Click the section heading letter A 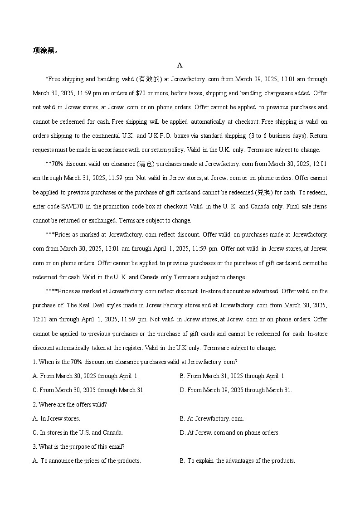(x=180, y=65)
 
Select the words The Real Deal (x=85, y=305)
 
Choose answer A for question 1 (x=86, y=376)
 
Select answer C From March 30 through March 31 (x=88, y=390)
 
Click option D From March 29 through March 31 (x=236, y=390)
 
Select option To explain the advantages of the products (x=237, y=461)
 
